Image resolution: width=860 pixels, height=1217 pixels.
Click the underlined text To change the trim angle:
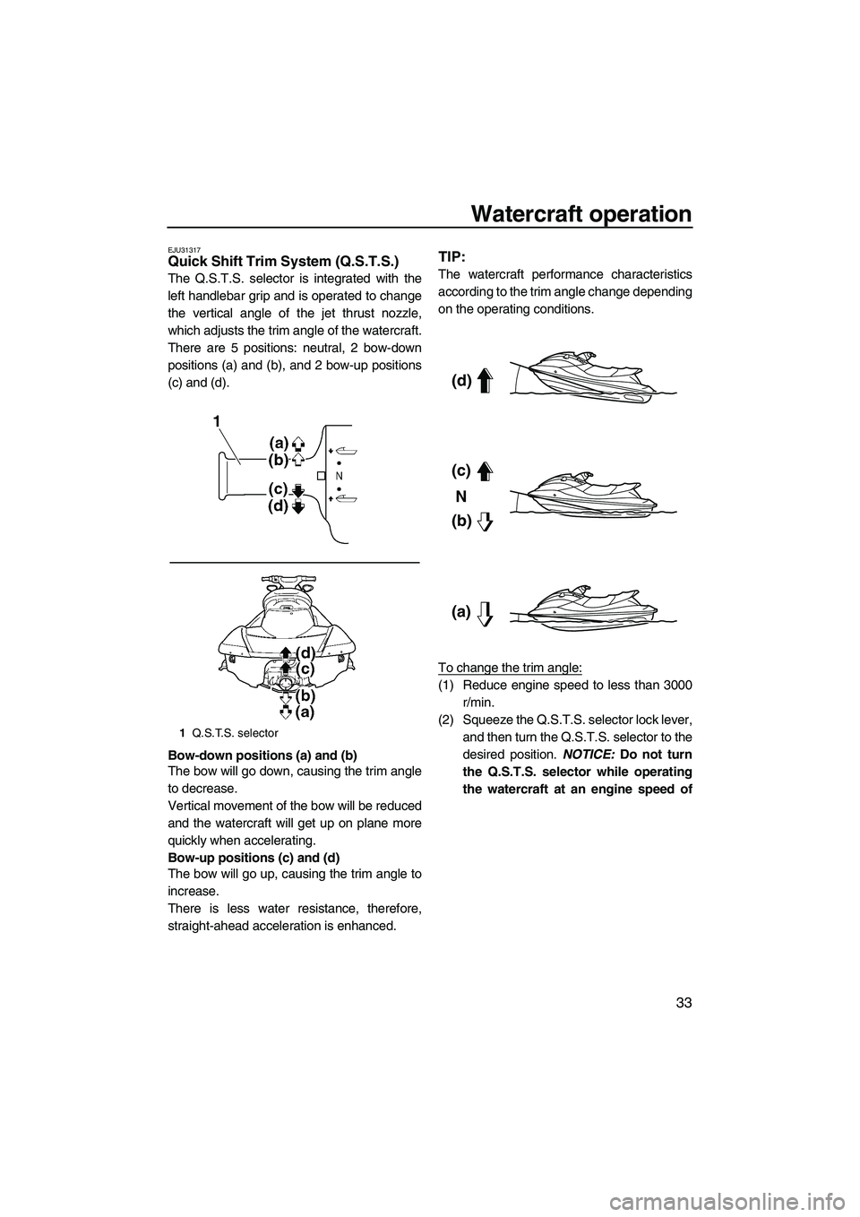[510, 667]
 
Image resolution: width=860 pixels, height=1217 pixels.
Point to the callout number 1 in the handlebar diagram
[218, 421]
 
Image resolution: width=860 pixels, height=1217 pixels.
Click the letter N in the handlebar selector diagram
[339, 475]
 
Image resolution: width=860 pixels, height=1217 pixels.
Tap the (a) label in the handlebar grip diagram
[278, 443]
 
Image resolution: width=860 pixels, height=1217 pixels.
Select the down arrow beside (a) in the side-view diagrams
[485, 613]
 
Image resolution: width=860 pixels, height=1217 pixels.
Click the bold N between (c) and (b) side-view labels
[460, 496]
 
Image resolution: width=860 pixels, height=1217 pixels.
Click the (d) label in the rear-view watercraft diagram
[306, 652]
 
